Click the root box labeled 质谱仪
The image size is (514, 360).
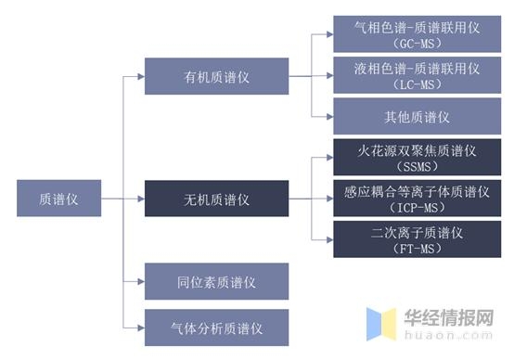[58, 198]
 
